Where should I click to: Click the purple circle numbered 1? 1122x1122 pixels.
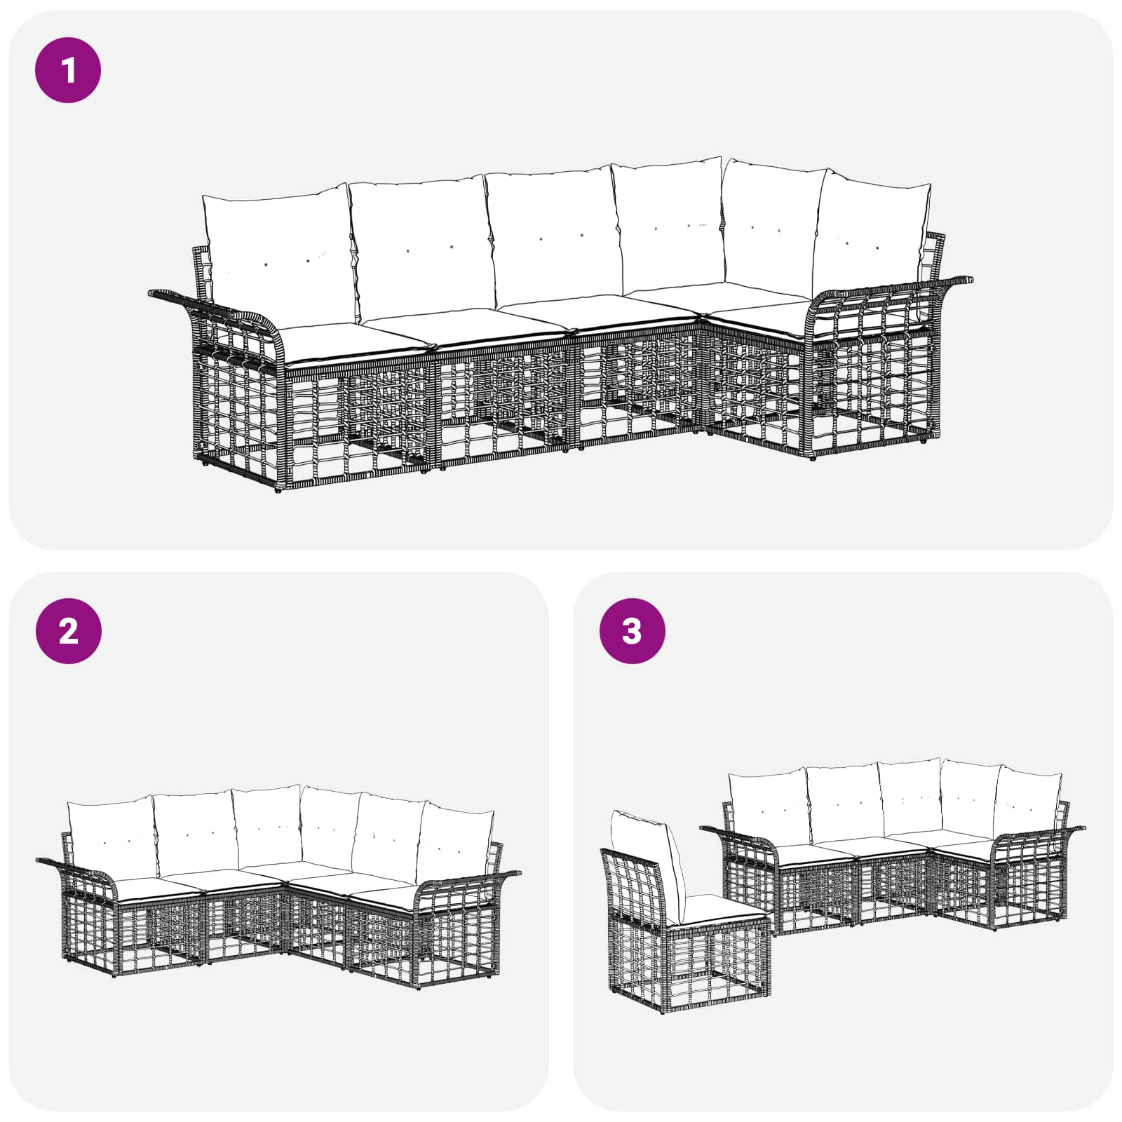point(68,70)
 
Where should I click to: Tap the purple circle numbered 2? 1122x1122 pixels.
point(68,631)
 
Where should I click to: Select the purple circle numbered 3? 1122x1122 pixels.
point(632,631)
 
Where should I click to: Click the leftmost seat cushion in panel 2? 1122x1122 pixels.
point(160,886)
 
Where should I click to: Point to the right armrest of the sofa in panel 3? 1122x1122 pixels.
point(1038,834)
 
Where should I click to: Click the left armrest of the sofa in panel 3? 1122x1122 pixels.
point(740,838)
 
